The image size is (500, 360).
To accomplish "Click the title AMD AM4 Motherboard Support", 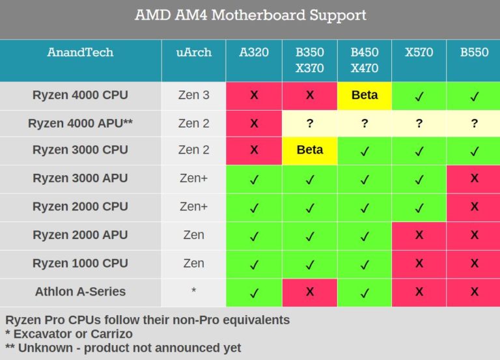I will pos(250,15).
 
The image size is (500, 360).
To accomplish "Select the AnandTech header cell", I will pos(80,53).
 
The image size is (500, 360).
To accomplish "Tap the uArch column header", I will pos(193,53).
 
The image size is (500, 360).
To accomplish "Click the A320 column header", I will pos(254,53).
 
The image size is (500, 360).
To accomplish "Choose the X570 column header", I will pos(419,53).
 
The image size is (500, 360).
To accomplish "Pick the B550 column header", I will pos(474,53).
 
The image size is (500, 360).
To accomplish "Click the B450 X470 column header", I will pos(364,60).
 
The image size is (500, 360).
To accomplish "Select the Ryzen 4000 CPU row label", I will pos(80,95).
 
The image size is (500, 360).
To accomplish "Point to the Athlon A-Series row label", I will pos(80,292).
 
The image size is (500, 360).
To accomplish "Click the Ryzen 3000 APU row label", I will pos(80,178).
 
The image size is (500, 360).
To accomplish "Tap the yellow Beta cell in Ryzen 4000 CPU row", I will pos(364,95).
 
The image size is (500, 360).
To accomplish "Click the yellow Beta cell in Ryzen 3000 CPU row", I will pos(309,150).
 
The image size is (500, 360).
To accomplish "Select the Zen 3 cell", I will pos(193,95).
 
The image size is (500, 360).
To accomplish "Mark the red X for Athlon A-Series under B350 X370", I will pos(309,292).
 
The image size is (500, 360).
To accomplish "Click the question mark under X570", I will pos(419,123).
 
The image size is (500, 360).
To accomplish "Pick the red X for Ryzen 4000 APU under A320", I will pos(254,123).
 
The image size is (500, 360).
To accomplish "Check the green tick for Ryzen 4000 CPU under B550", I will pos(474,96).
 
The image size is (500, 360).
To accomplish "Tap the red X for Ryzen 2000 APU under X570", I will pos(419,235).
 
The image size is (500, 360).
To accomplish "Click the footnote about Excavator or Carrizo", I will pos(68,334).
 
